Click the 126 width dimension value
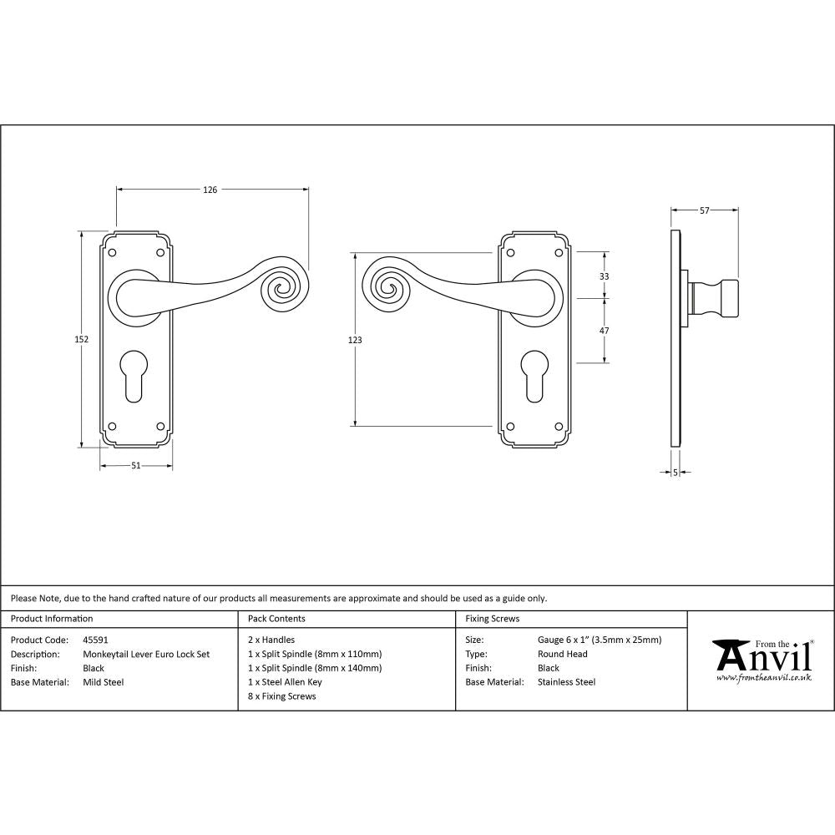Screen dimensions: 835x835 [210, 190]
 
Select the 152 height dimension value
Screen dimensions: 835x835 [82, 339]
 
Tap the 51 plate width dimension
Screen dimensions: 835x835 [136, 466]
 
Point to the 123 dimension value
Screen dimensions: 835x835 [355, 340]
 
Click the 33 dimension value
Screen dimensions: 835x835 [605, 276]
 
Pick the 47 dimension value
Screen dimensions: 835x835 [605, 331]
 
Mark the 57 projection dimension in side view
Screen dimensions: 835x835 [705, 211]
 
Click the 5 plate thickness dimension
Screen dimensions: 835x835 [675, 473]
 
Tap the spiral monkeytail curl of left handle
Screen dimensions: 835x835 [281, 289]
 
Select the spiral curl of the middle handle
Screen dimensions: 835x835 [387, 288]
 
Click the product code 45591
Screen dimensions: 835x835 [96, 640]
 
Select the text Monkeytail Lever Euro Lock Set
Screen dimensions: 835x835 [146, 655]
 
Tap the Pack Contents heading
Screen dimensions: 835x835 [276, 619]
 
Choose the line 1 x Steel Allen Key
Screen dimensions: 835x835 [285, 682]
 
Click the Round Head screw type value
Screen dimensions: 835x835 [563, 655]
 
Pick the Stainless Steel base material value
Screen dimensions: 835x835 [567, 682]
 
